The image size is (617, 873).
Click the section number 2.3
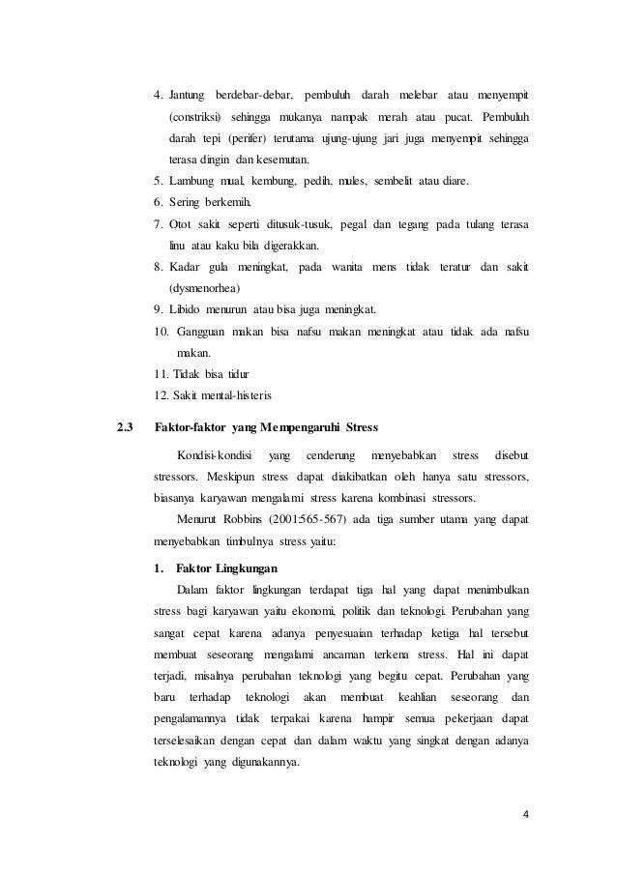(x=124, y=427)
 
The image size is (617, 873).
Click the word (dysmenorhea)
(x=205, y=288)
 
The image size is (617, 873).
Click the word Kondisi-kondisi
(x=215, y=454)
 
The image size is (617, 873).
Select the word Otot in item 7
(x=182, y=224)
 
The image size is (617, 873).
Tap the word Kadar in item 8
(x=187, y=267)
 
